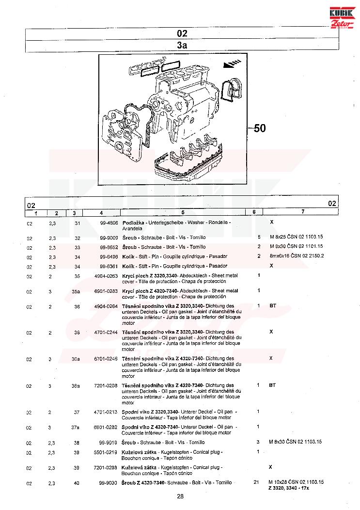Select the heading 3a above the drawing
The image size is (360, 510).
click(182, 46)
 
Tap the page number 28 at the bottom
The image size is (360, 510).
click(180, 496)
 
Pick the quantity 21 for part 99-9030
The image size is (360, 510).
click(257, 482)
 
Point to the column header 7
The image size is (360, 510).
click(303, 212)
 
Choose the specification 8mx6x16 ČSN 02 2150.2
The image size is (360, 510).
click(297, 256)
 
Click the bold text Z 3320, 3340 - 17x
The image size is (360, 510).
click(289, 488)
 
